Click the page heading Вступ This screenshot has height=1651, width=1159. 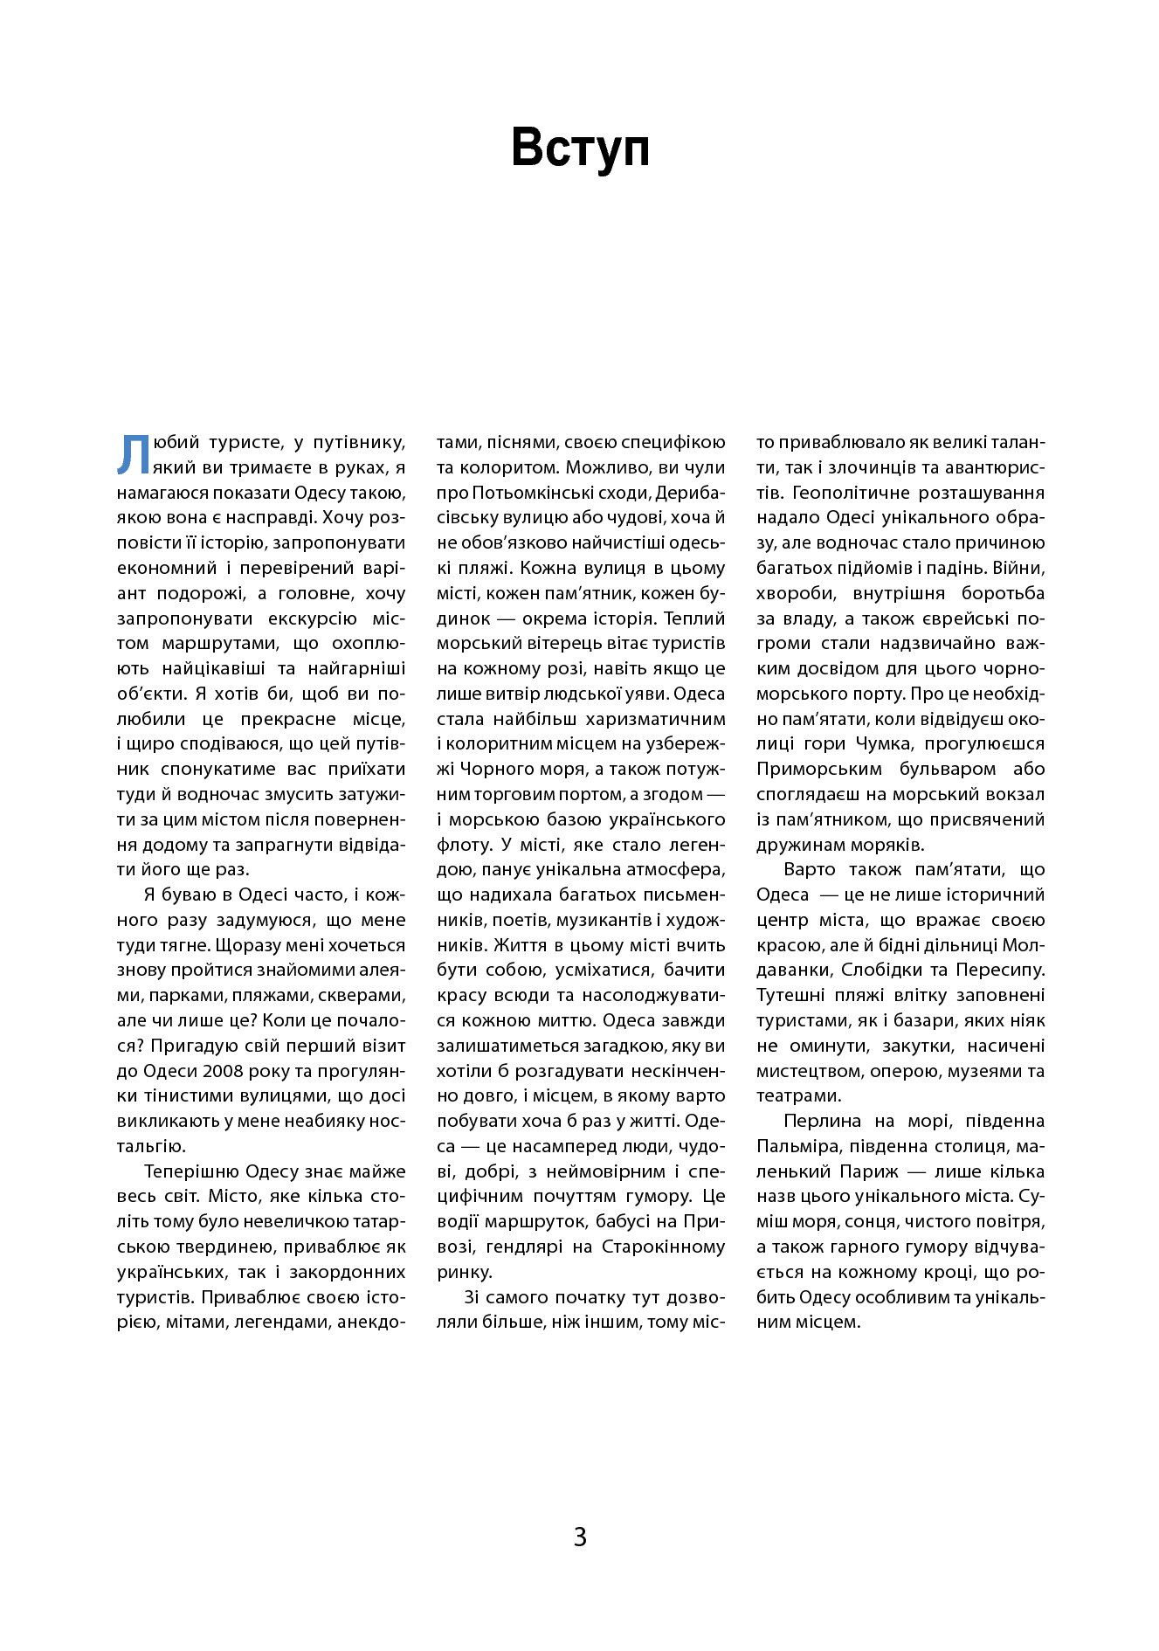pos(580,148)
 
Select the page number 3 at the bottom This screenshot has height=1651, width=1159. pos(580,1537)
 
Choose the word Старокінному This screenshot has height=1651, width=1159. pos(664,1247)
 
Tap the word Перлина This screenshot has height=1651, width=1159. pos(822,1121)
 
